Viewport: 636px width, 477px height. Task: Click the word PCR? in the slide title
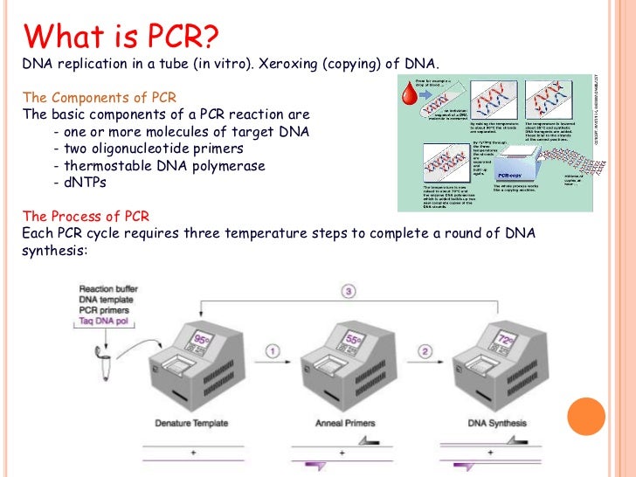(x=170, y=37)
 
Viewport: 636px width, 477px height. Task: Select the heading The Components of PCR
(x=89, y=96)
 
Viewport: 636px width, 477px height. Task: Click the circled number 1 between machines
(x=272, y=353)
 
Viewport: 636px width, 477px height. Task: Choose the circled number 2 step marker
(x=425, y=353)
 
